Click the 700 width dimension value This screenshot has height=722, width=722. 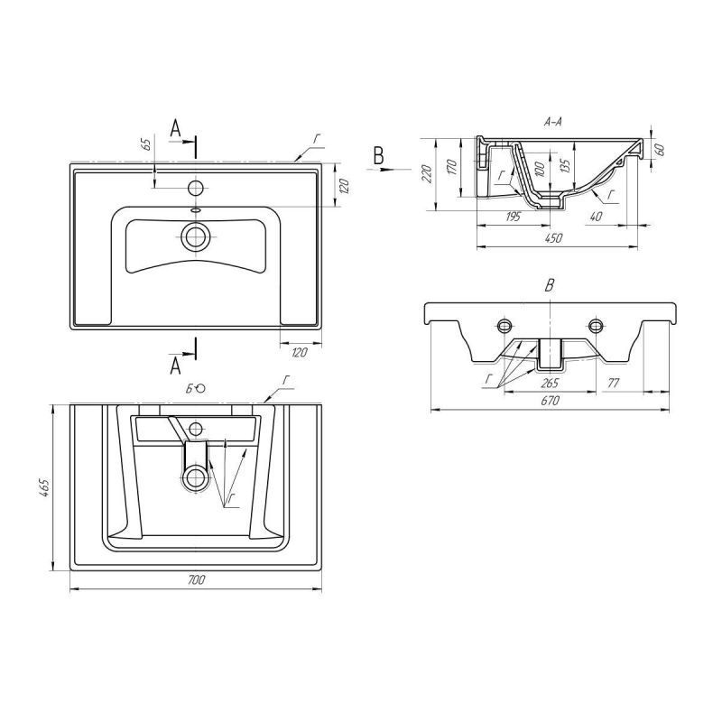[196, 580]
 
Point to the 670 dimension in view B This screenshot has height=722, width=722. [549, 402]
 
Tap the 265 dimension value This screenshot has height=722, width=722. [549, 384]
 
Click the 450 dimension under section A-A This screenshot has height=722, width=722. [552, 238]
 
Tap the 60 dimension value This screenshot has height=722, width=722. [660, 150]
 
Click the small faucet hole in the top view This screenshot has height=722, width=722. [194, 188]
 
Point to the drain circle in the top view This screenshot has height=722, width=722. [195, 236]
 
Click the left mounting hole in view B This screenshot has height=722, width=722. [504, 325]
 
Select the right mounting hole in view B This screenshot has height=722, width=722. [596, 325]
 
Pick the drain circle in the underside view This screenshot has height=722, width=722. [194, 477]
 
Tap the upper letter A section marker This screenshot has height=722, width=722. [177, 131]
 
